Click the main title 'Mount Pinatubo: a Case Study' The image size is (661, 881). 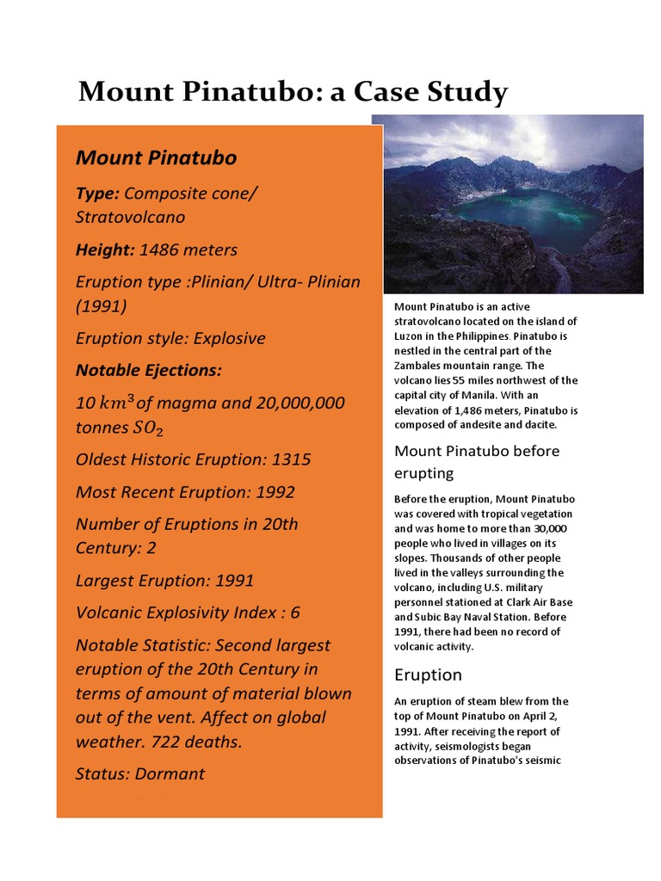293,91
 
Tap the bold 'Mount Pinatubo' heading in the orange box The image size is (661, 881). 156,157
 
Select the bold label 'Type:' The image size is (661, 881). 97,194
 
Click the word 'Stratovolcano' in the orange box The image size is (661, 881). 130,217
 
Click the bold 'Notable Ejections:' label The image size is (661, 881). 149,371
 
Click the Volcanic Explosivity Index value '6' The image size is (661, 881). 294,613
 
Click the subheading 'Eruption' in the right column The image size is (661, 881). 428,675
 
